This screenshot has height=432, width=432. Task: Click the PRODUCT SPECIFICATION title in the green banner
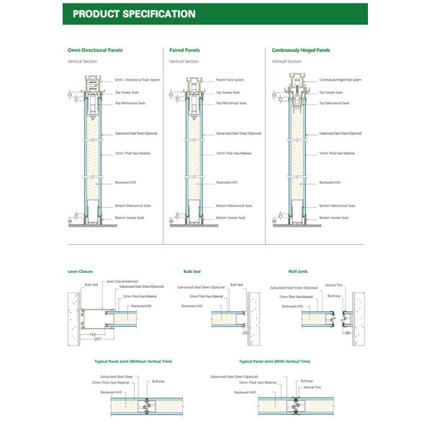134,14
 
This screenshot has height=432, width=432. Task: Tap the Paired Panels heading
184,50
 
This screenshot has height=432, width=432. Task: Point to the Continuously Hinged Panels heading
301,50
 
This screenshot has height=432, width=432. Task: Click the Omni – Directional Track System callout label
138,80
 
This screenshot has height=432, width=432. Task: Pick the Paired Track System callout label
230,80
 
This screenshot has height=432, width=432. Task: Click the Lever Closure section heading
80,271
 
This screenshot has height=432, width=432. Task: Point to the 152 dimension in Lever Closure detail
93,334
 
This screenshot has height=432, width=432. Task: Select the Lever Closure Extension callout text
122,281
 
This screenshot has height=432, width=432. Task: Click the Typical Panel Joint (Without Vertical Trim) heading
133,361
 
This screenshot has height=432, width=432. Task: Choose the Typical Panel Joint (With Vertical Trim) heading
274,361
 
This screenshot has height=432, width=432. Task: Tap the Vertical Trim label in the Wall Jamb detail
333,285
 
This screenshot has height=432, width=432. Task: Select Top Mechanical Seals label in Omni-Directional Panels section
130,103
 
